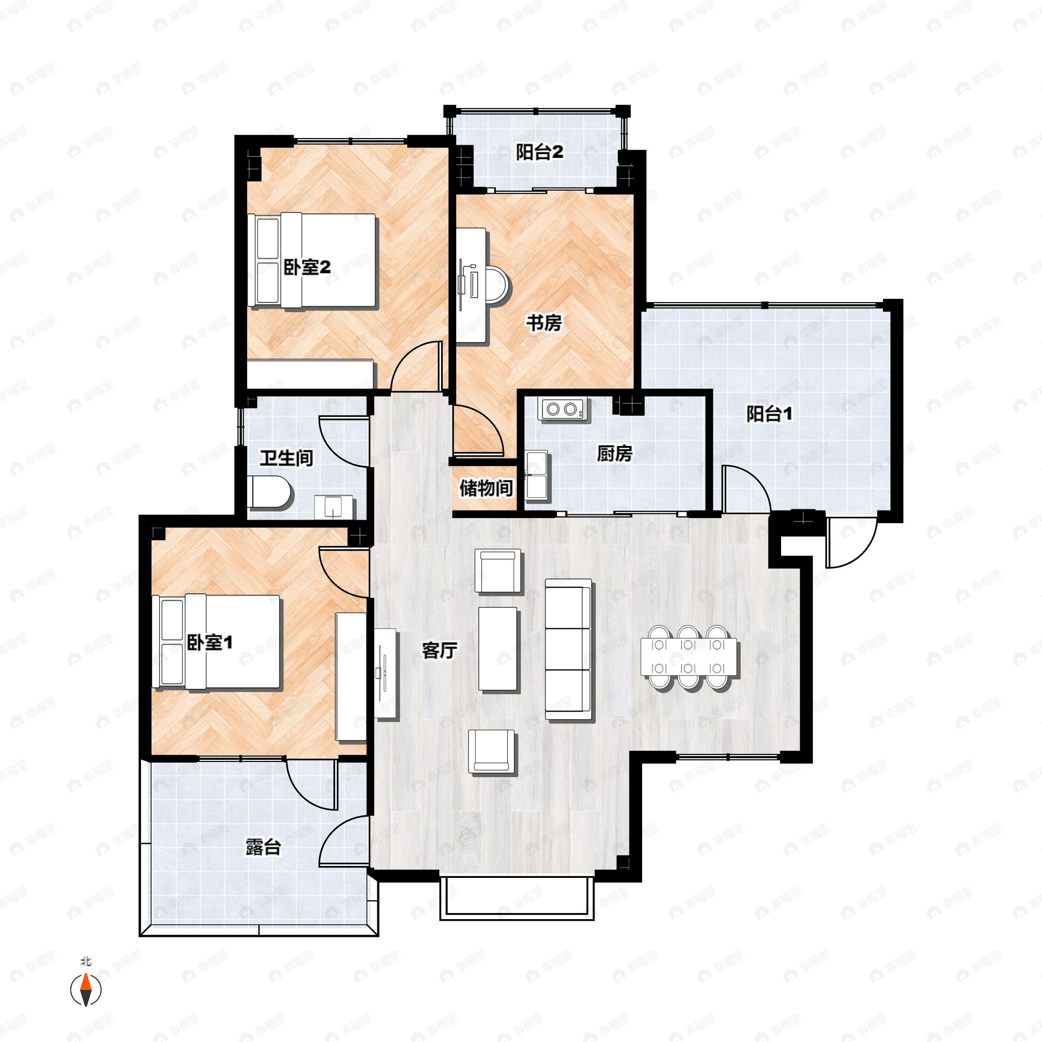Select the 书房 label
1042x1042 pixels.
point(544,323)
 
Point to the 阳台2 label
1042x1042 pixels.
point(539,153)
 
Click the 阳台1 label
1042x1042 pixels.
point(770,414)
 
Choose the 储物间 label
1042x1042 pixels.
point(485,488)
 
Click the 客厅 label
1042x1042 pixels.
point(439,651)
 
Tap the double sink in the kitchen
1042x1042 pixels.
point(537,475)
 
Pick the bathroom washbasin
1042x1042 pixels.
point(334,507)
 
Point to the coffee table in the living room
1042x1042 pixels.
point(498,649)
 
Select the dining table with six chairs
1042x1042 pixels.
point(689,657)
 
